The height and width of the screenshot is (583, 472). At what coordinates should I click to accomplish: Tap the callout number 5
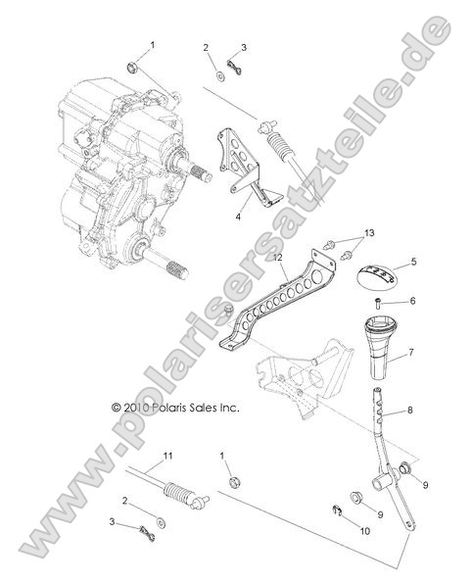click(413, 263)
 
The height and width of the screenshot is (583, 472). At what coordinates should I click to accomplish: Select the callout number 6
click(413, 301)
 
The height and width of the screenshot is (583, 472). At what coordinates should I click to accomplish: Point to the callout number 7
click(411, 351)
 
